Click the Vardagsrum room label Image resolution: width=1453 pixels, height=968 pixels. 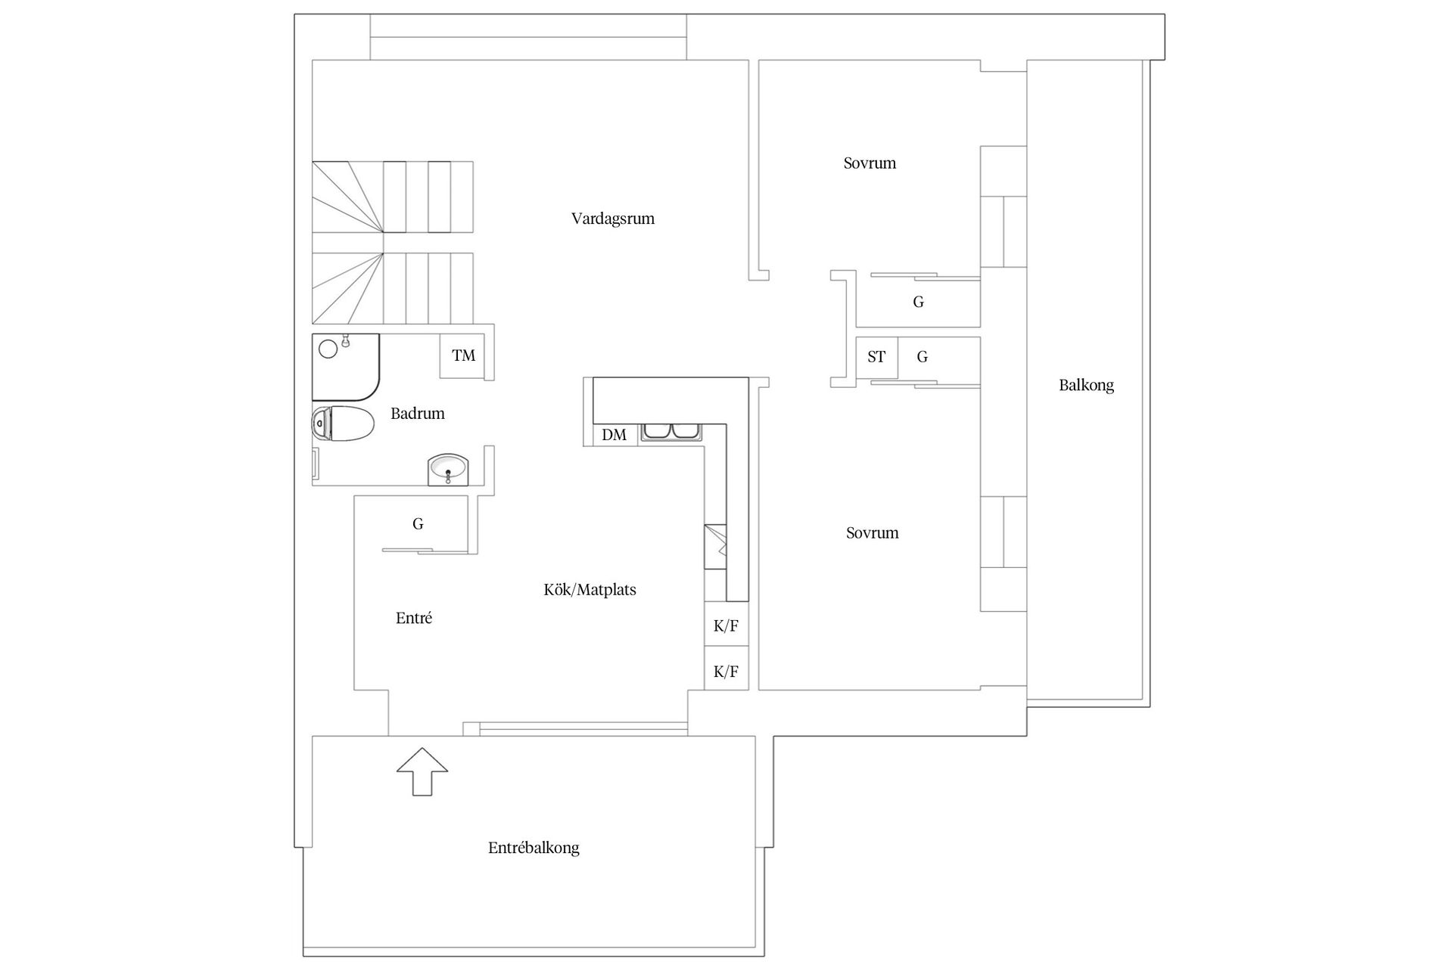point(613,219)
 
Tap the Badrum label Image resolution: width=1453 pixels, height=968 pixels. point(418,414)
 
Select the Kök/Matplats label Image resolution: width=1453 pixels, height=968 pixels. point(590,590)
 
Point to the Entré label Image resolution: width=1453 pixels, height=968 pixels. point(414,619)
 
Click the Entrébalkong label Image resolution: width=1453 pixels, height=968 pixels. point(534,848)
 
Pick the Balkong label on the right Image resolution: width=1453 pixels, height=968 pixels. point(1086,386)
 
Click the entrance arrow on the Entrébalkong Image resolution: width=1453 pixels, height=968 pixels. point(422,771)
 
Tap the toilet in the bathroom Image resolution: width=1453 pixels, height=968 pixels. point(343,423)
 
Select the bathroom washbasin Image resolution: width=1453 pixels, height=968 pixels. point(448,470)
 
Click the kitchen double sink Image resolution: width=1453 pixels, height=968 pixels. point(672,432)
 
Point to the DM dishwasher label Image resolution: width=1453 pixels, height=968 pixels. point(614,435)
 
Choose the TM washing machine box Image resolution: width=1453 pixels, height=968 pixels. point(463,355)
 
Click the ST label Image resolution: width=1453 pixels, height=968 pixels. point(876,357)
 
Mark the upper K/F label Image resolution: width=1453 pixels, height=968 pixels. point(726,626)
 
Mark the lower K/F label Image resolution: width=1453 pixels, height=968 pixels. point(726,672)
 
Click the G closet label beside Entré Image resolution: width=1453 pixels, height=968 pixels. point(418,524)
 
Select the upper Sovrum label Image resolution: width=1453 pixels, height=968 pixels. point(870,163)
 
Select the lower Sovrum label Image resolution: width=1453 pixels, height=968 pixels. point(872,533)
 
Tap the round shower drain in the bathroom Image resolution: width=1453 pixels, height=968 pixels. point(328,349)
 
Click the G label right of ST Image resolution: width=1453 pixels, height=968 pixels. point(922,357)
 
